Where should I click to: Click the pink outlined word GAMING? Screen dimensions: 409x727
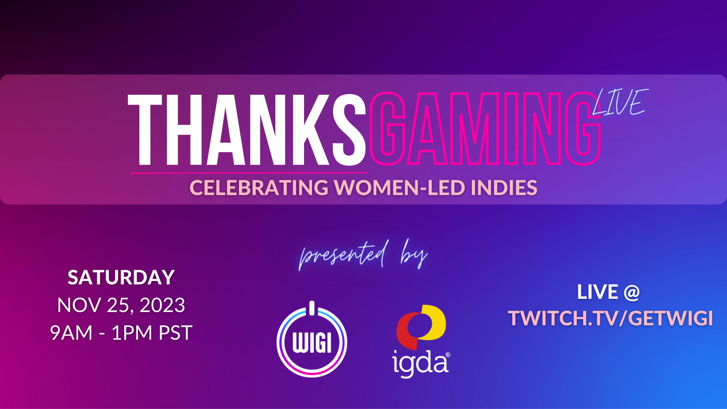485,129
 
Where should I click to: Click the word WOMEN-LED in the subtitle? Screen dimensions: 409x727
399,188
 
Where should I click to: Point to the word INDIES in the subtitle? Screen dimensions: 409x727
504,188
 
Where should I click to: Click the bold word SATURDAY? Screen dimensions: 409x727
121,278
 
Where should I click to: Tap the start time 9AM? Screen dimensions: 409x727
71,333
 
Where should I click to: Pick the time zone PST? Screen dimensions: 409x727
175,333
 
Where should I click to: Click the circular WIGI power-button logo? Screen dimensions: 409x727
312,343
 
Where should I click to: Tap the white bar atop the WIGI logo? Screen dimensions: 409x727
312,308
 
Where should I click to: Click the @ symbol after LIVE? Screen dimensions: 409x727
632,292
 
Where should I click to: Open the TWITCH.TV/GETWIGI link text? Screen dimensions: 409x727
610,318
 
